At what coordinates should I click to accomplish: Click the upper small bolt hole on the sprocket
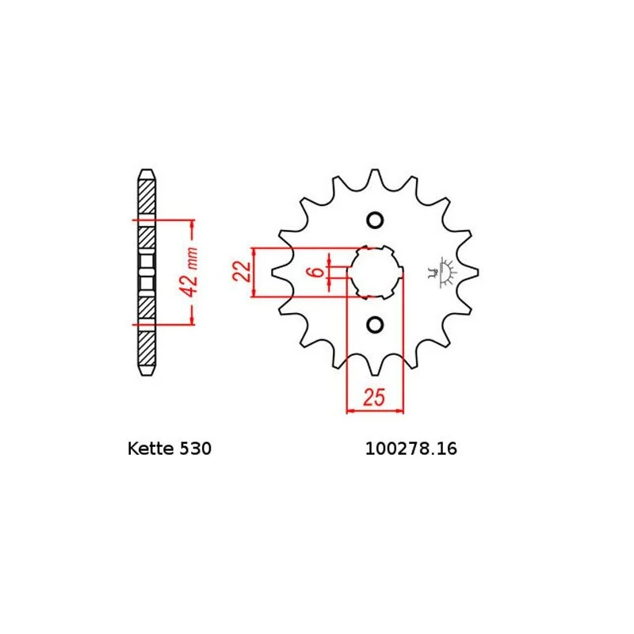point(375,220)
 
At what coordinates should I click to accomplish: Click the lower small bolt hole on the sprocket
point(375,325)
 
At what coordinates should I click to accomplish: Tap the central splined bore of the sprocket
point(375,272)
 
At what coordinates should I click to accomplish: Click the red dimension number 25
point(374,397)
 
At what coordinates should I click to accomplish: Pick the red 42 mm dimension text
point(189,272)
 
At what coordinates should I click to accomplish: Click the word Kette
point(151,449)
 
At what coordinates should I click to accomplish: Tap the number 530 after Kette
point(195,449)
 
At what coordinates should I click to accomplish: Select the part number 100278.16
point(411,449)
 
